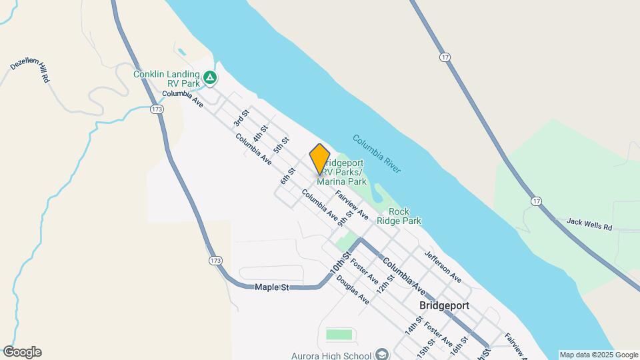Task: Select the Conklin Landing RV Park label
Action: pos(166,79)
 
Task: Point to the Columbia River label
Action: pos(377,154)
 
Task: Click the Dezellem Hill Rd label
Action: pos(31,68)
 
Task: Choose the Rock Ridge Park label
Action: pos(399,216)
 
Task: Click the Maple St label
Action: pos(271,287)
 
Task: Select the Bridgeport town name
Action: pos(445,305)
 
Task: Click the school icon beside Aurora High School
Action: pos(382,353)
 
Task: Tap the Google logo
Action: pos(22,352)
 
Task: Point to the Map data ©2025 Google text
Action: pos(599,355)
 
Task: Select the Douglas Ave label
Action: pos(353,290)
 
